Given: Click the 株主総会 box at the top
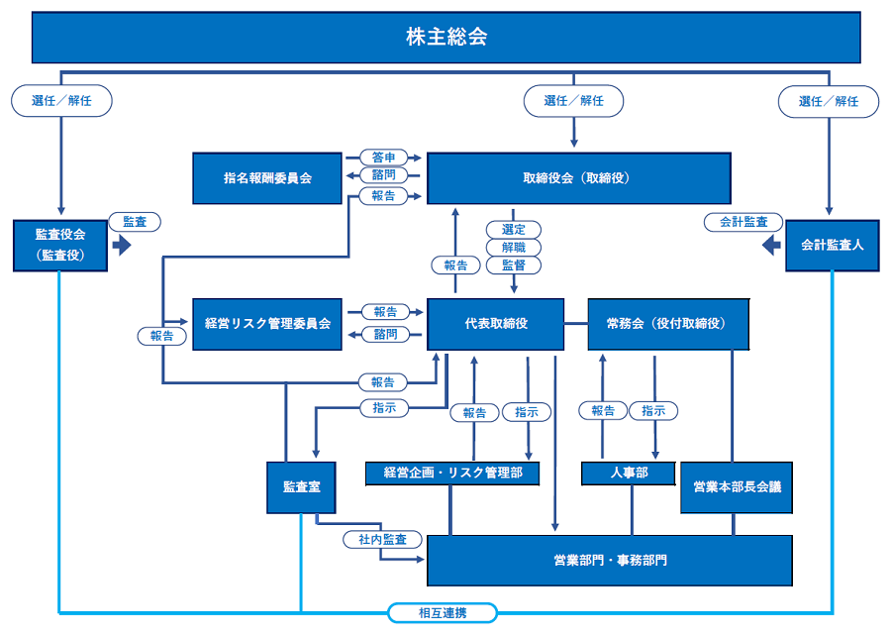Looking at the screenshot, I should [446, 38].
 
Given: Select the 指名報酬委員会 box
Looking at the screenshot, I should [267, 178].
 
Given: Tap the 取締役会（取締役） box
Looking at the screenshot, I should [578, 178].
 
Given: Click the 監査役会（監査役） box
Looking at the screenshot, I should [60, 245].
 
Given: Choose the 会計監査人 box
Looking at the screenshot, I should [833, 245].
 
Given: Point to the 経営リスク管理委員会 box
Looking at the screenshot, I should [267, 324].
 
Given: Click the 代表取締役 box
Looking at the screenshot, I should [495, 324].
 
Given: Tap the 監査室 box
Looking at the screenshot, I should [300, 486].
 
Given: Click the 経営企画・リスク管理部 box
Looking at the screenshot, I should [451, 474].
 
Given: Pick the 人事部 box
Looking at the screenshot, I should [629, 474].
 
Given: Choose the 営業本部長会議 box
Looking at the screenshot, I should [737, 486].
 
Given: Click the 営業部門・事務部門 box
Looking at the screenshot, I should [610, 561].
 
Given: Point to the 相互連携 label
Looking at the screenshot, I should [442, 613].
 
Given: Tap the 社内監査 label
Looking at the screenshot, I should [382, 540].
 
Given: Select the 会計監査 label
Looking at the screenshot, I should [743, 222].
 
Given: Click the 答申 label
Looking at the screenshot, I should [384, 158].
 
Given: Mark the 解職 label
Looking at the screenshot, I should [514, 247].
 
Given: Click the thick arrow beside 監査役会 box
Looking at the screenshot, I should [123, 245].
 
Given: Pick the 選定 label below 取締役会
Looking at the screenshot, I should [514, 230].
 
